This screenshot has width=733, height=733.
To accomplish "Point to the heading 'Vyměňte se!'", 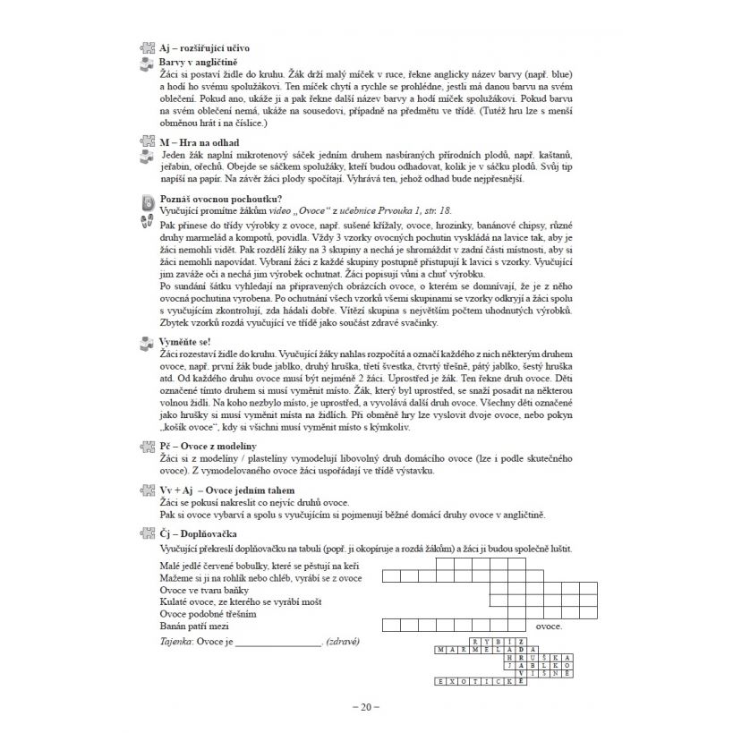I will (185, 342).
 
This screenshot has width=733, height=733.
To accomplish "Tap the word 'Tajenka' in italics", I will (177, 643).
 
